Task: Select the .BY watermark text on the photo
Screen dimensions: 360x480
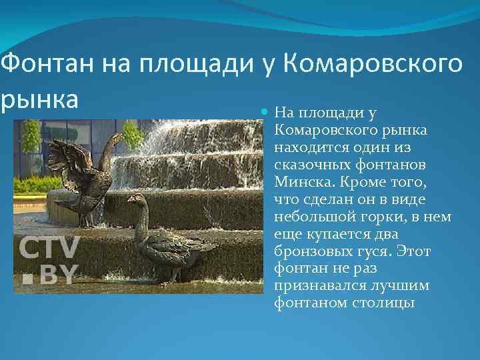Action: pos(50,274)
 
